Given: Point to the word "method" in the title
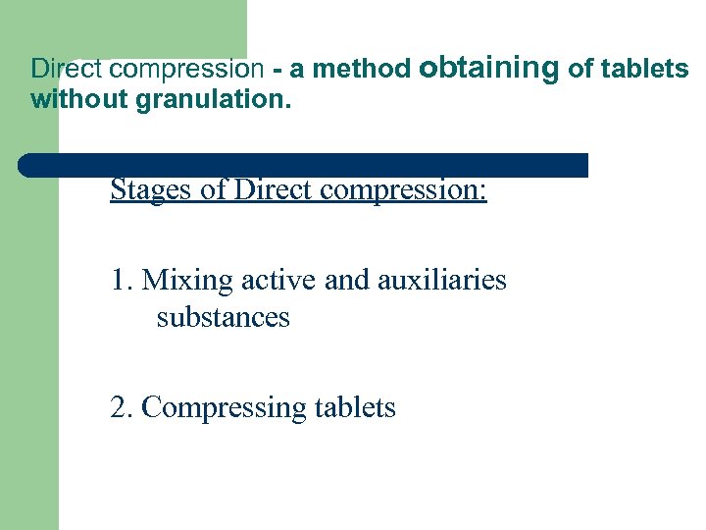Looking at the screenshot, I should pos(367,69).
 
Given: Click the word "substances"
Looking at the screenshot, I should pos(223,317).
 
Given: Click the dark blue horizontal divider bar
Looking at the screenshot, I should pos(304,165).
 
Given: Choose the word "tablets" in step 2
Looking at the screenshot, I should pos(355,407).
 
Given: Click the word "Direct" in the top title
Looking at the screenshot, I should pos(63,69).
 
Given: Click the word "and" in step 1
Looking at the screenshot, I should pos(344,280).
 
